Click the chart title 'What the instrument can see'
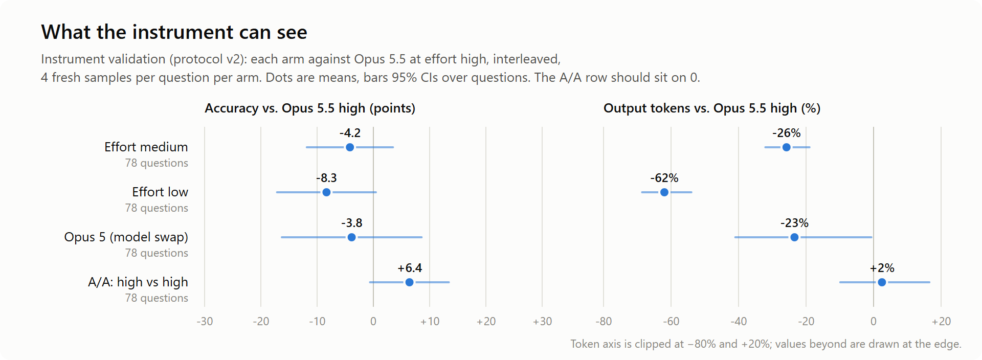tap(174, 32)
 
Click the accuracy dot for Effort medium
tap(350, 147)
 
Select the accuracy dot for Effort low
tap(326, 192)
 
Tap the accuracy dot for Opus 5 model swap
tap(351, 237)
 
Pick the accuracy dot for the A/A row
tap(409, 282)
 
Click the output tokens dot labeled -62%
tap(664, 192)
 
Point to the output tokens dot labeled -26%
tap(786, 147)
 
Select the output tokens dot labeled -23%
tap(794, 237)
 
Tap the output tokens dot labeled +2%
tap(882, 282)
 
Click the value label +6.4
tap(410, 268)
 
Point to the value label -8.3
tap(326, 178)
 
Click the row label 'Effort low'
tap(160, 192)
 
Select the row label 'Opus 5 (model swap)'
tap(126, 237)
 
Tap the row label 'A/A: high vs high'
tap(138, 282)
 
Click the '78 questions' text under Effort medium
tap(157, 163)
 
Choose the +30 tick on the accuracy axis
tap(542, 322)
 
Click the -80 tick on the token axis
tap(604, 322)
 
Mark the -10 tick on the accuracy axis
tap(317, 322)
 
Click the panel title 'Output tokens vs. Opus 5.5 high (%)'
tap(712, 108)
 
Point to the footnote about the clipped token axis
tap(766, 344)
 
